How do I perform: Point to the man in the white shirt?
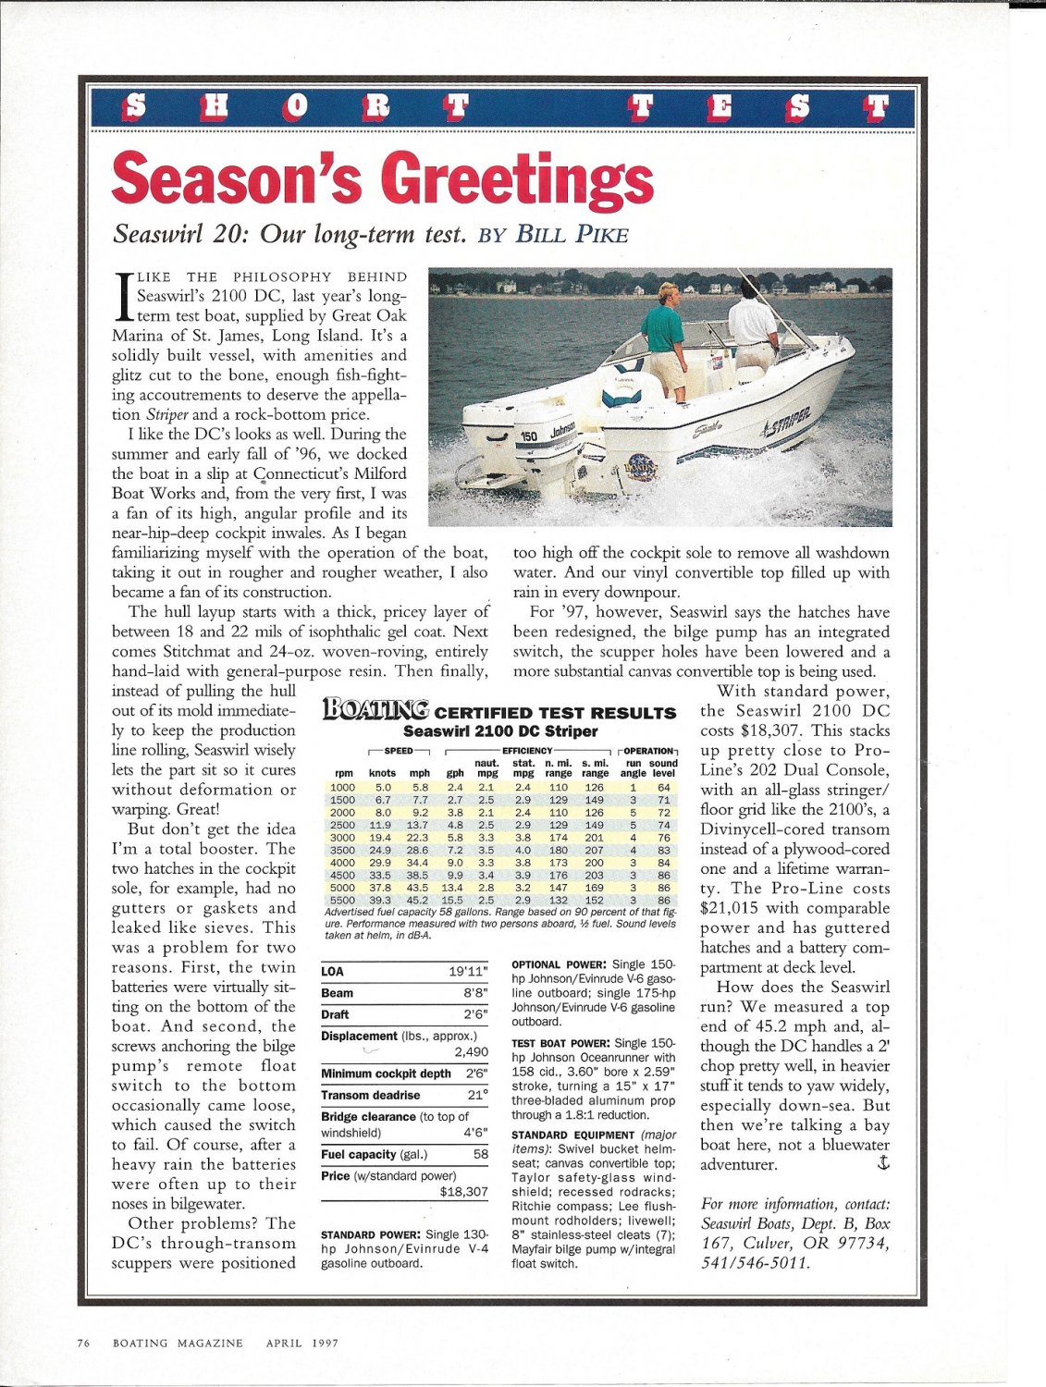pyautogui.click(x=754, y=324)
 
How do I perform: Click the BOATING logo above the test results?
pyautogui.click(x=375, y=710)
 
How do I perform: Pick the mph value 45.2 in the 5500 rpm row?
pyautogui.click(x=419, y=900)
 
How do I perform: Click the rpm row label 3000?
pyautogui.click(x=342, y=838)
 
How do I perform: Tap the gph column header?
pyautogui.click(x=455, y=773)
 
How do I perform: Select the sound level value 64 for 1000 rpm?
pyautogui.click(x=663, y=787)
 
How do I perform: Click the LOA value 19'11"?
pyautogui.click(x=468, y=971)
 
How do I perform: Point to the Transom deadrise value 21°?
pyautogui.click(x=477, y=1095)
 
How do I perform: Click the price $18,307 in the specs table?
pyautogui.click(x=463, y=1192)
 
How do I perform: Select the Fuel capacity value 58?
pyautogui.click(x=480, y=1154)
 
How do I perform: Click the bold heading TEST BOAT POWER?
pyautogui.click(x=560, y=1043)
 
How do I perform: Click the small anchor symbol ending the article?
pyautogui.click(x=882, y=1163)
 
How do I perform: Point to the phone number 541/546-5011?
pyautogui.click(x=757, y=1262)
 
